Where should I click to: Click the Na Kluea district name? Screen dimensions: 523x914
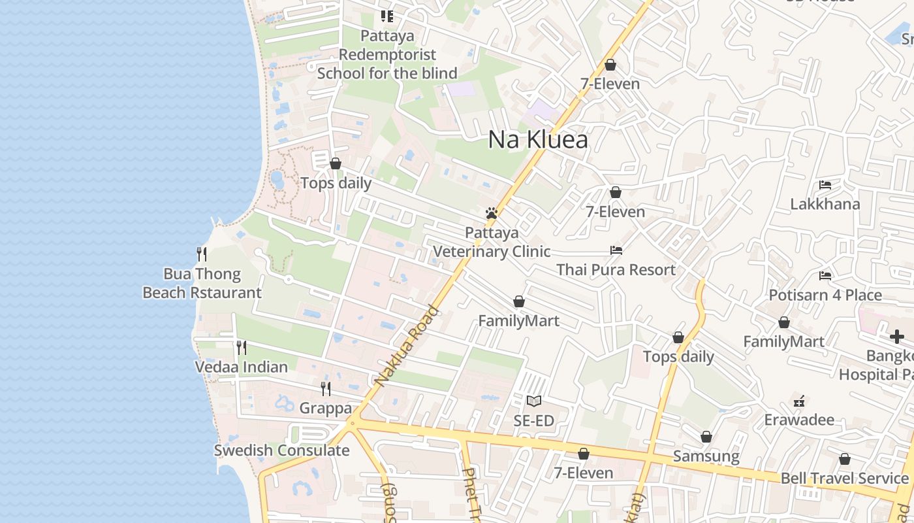538,140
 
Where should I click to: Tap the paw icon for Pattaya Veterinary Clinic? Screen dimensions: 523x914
492,213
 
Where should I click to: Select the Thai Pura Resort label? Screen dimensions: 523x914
616,269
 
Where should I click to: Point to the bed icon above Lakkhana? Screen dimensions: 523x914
825,185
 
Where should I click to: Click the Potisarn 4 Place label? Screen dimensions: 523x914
825,295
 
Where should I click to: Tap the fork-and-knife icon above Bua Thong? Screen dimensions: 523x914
202,254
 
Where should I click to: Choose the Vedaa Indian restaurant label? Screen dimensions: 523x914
242,367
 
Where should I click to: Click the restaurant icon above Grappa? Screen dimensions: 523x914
326,389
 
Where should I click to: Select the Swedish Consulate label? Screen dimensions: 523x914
282,450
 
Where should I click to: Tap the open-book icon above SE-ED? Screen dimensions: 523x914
534,401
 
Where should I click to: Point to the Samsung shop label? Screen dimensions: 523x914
706,456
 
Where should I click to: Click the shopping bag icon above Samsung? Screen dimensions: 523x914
706,437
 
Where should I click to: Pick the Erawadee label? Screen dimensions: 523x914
799,419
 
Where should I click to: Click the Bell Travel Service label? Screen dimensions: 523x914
845,478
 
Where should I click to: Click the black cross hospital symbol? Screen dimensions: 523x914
897,337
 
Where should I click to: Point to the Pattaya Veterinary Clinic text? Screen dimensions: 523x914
492,242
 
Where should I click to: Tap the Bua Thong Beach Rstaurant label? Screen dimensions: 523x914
202,283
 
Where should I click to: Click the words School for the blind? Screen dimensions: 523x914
387,73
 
